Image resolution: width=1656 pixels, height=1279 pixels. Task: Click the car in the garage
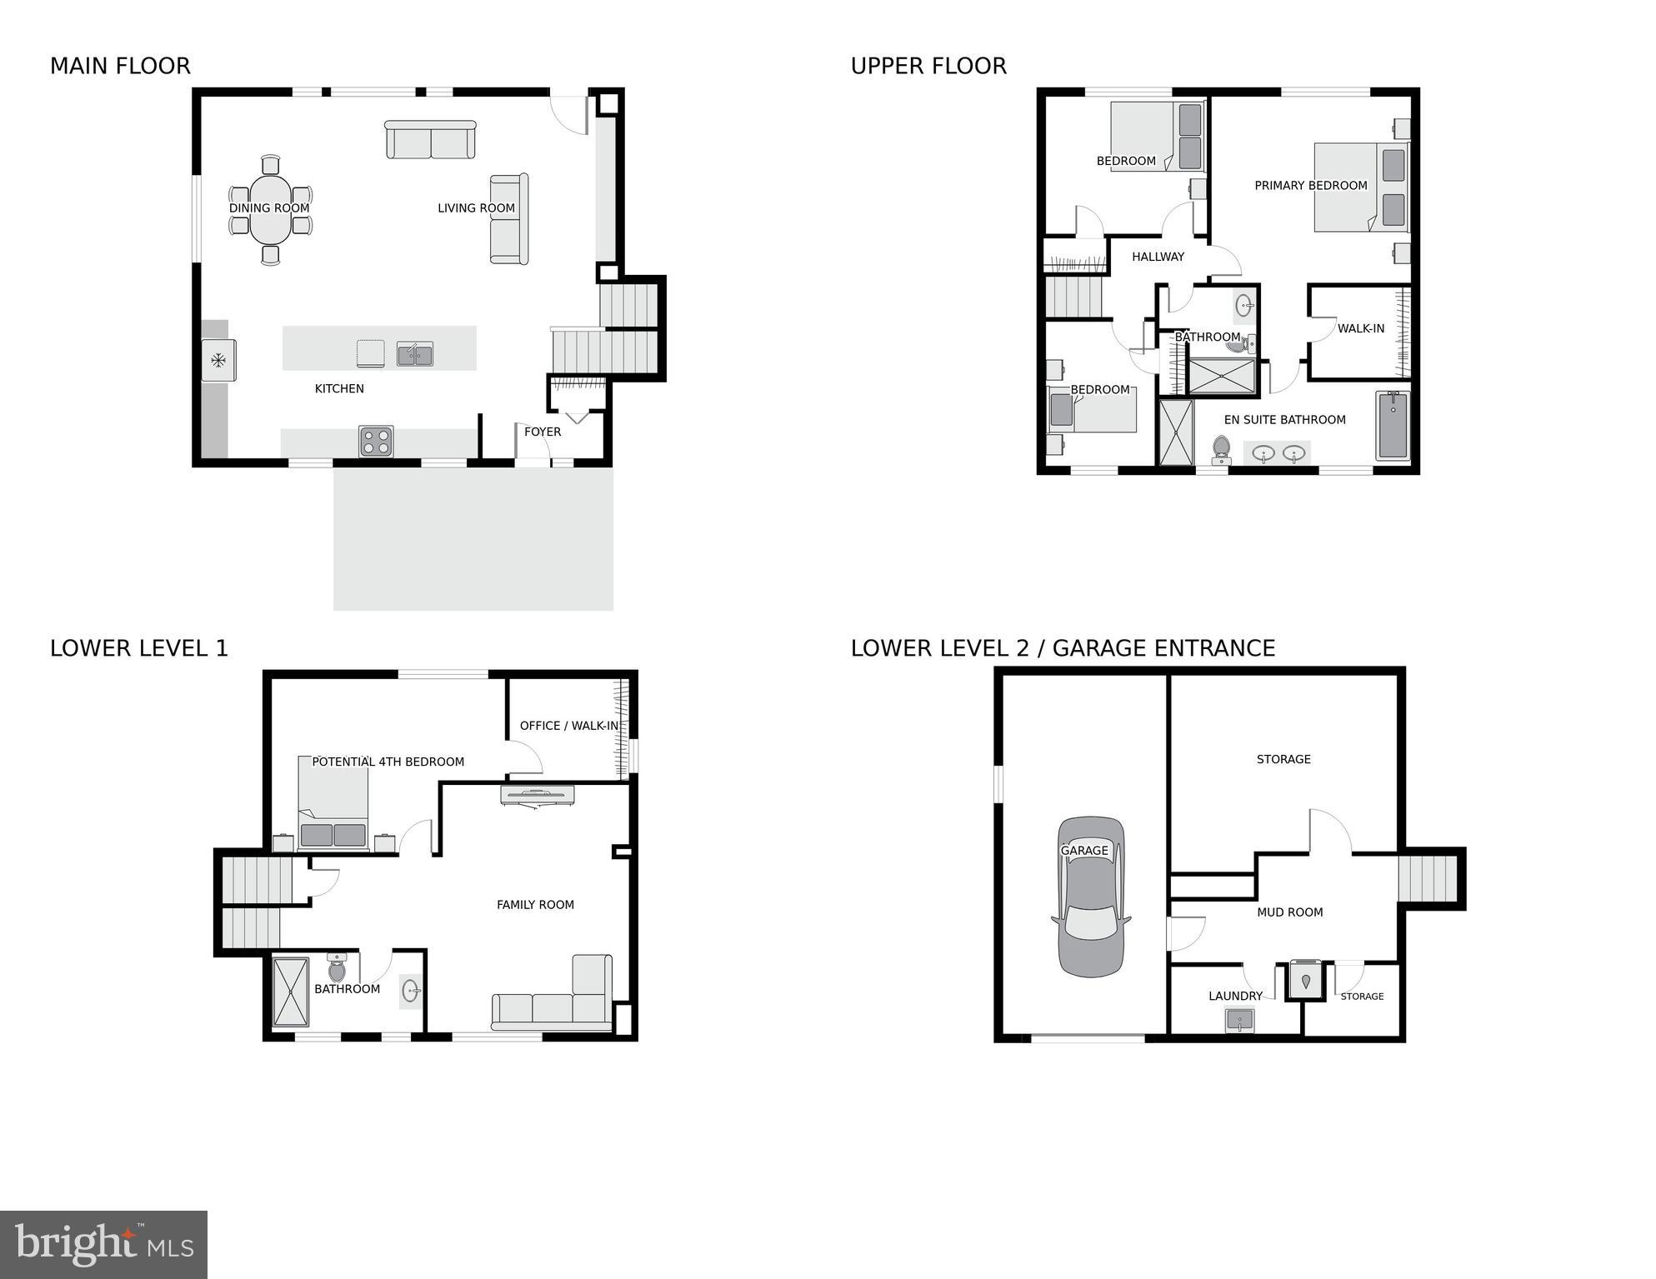(1091, 897)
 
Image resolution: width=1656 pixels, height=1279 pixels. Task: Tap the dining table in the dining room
(269, 209)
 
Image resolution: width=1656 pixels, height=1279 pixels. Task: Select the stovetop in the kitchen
(376, 442)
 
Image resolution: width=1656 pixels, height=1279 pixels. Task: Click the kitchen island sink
(414, 354)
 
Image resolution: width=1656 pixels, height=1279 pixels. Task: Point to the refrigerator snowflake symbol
(218, 361)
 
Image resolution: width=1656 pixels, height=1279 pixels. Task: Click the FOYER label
(543, 432)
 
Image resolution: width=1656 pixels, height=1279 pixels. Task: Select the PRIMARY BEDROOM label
(1310, 186)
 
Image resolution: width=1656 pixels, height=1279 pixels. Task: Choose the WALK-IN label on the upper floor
(1361, 328)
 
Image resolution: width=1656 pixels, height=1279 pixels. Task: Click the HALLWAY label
(1158, 257)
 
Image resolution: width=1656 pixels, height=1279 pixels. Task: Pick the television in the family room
(538, 795)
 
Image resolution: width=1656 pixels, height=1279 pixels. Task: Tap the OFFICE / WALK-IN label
(569, 726)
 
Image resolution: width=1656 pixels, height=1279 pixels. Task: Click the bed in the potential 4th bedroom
(333, 803)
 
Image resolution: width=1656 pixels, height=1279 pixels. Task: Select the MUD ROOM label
(1289, 912)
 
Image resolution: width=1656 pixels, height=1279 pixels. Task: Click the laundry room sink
(1240, 1020)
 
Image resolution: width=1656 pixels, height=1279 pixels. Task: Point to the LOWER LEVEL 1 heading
(139, 648)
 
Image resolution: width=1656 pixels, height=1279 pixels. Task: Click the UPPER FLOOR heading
(928, 66)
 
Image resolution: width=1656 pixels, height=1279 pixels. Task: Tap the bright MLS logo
(103, 1244)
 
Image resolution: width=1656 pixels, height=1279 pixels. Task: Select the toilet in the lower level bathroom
(337, 968)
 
